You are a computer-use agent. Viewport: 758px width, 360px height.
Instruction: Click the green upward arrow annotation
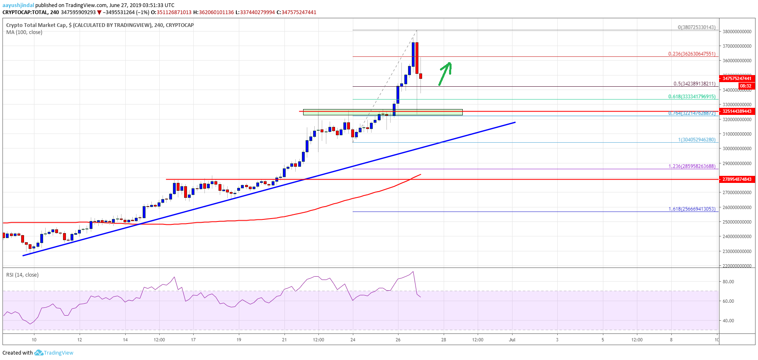pos(445,73)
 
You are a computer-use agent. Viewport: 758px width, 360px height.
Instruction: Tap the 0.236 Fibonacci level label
pos(692,54)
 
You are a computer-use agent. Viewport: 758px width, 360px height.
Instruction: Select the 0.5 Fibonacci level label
pos(694,84)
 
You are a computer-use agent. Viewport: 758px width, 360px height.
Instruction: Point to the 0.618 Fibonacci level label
pos(692,97)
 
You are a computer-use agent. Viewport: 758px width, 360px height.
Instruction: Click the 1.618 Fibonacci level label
pos(692,209)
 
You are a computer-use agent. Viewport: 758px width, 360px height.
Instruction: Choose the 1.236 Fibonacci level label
pos(692,166)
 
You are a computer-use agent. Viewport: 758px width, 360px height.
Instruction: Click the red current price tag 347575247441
pos(737,78)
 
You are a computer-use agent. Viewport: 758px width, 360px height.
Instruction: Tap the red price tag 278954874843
pos(737,179)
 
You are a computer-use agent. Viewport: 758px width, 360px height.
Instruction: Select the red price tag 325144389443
pos(737,111)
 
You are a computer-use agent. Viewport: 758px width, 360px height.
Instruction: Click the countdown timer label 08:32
pos(745,86)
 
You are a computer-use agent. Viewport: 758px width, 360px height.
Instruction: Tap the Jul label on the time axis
pos(512,340)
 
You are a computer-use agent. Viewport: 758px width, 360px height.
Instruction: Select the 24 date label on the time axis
pos(353,340)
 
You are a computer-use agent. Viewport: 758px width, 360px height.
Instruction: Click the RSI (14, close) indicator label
pos(22,275)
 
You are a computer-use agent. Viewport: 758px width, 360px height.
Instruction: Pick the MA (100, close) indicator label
pos(24,32)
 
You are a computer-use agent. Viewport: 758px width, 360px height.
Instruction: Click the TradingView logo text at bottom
pos(58,353)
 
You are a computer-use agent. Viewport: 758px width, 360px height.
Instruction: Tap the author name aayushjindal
pos(18,5)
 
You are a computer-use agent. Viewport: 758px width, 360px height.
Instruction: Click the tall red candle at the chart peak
pos(417,58)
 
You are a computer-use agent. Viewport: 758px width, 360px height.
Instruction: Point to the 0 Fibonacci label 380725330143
pos(697,27)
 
